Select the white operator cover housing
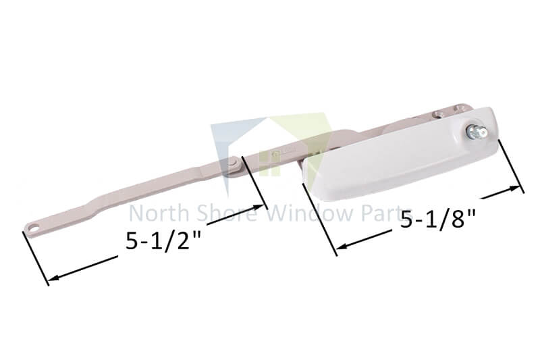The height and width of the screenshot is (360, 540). pyautogui.click(x=398, y=155)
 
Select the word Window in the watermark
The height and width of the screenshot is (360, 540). pyautogui.click(x=304, y=214)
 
